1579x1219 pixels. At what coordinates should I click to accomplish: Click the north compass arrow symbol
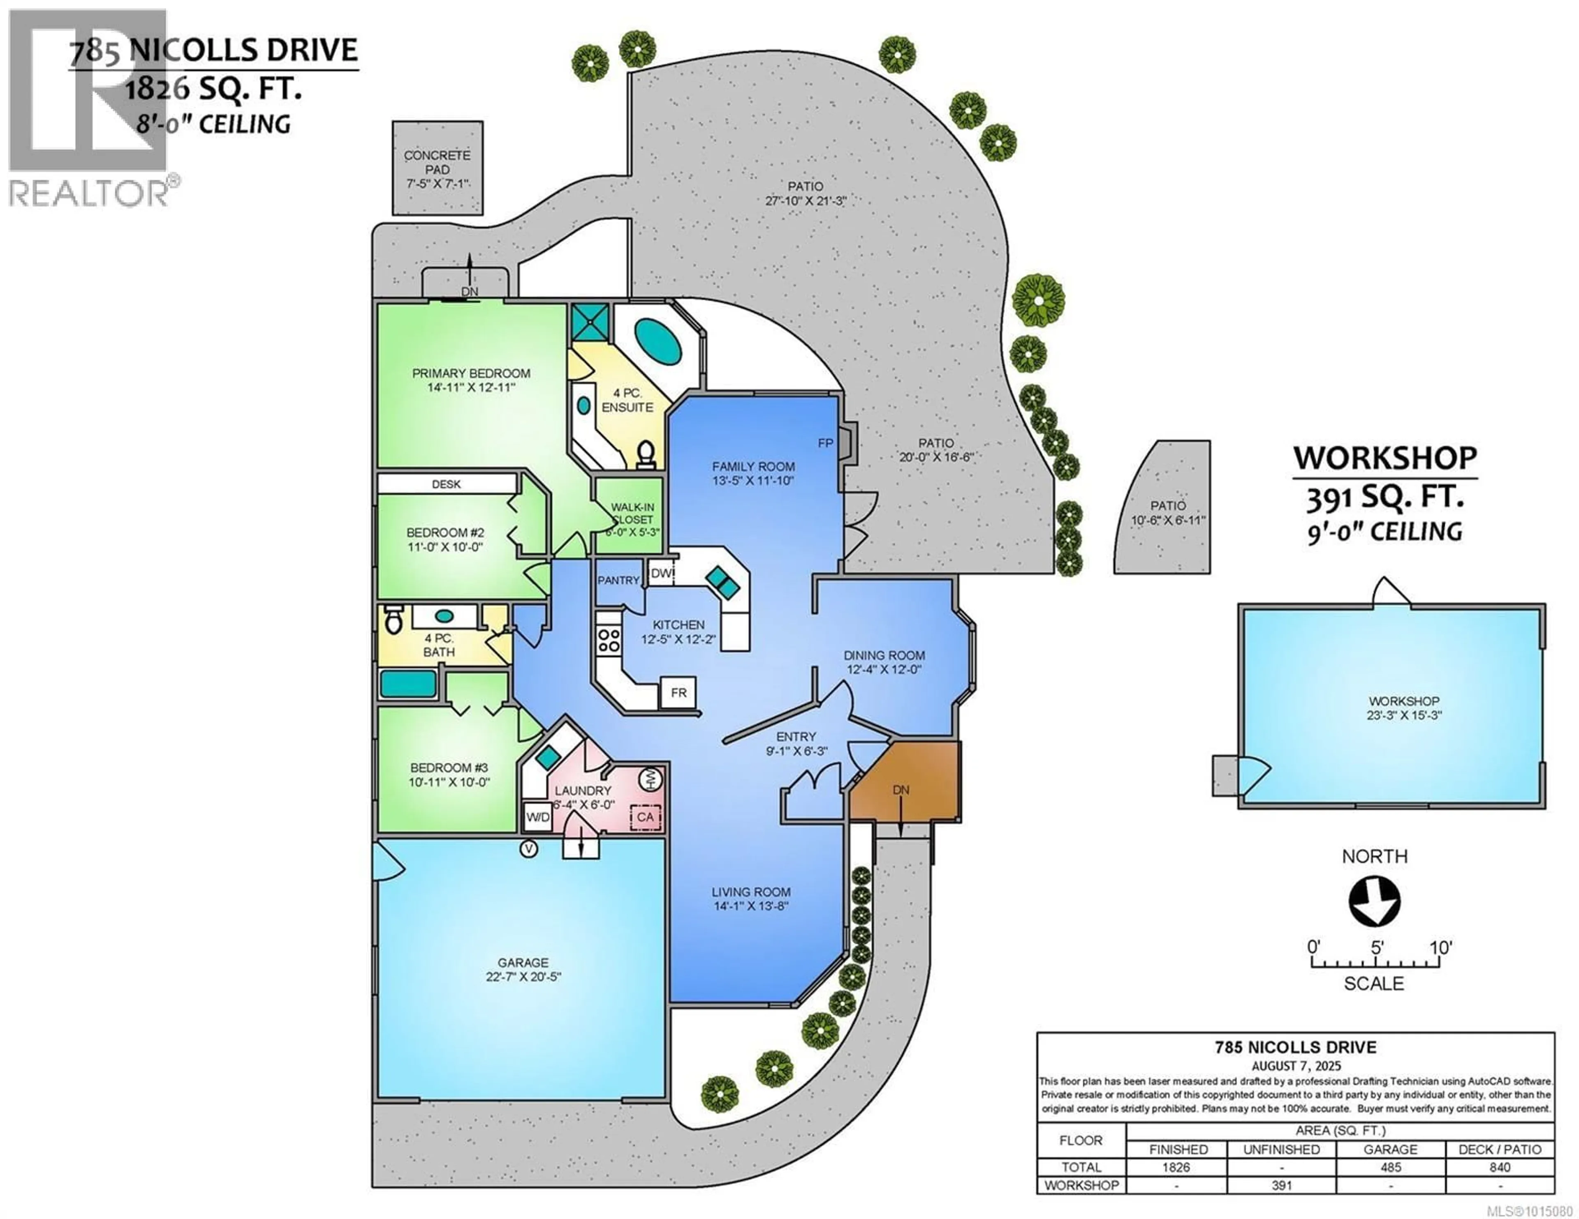[x=1374, y=901]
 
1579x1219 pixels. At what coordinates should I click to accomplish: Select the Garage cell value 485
[x=1390, y=1167]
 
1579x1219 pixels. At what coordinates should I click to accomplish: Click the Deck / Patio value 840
[x=1500, y=1167]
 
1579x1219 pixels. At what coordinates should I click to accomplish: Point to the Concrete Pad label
[x=437, y=162]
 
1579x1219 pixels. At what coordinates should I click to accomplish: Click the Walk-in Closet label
[x=632, y=513]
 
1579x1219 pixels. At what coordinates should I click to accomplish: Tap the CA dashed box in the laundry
[x=645, y=816]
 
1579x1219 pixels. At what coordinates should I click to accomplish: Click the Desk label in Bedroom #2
[x=446, y=484]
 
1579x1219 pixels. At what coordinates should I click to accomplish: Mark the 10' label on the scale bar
[x=1440, y=947]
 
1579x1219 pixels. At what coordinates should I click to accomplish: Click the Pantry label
[x=618, y=580]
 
